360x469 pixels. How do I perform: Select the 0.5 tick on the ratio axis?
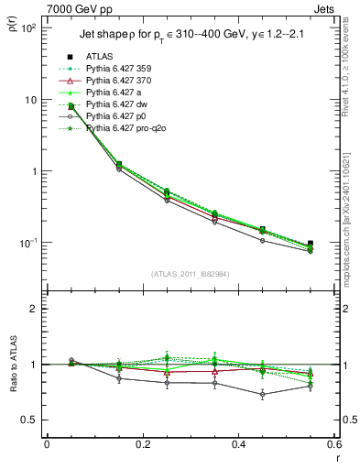tap(32, 420)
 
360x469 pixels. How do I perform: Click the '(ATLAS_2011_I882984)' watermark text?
tap(191, 275)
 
